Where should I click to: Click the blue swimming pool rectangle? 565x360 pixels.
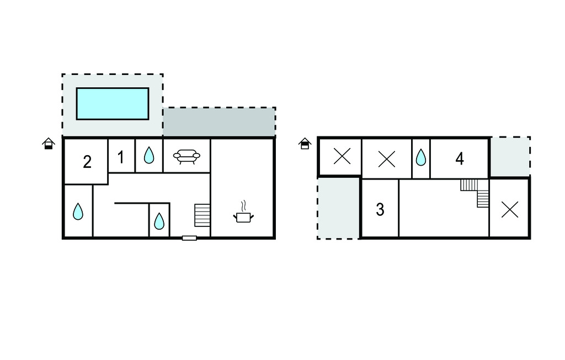click(113, 103)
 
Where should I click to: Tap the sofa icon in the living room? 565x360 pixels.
click(186, 157)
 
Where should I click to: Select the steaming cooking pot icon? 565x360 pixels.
click(243, 212)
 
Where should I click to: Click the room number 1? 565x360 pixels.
click(121, 157)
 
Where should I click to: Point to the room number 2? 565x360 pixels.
click(87, 162)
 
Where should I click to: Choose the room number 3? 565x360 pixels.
click(380, 210)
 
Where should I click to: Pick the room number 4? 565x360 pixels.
click(460, 158)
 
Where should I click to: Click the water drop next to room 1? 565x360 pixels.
click(149, 155)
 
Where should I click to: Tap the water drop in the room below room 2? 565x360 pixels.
click(78, 211)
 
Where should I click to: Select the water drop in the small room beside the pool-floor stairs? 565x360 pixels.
click(159, 221)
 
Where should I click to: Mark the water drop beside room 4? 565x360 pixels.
click(420, 157)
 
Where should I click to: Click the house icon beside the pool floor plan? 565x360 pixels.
click(49, 144)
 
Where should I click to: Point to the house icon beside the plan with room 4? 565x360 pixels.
click(305, 144)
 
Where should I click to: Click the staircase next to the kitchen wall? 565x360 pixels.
click(202, 215)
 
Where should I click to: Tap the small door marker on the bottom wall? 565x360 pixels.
click(189, 238)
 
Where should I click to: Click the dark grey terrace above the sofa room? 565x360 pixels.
click(220, 122)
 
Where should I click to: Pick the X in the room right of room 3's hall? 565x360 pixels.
click(510, 210)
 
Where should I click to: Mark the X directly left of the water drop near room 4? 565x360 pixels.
click(387, 158)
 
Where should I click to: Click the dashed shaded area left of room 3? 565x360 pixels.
click(338, 208)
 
